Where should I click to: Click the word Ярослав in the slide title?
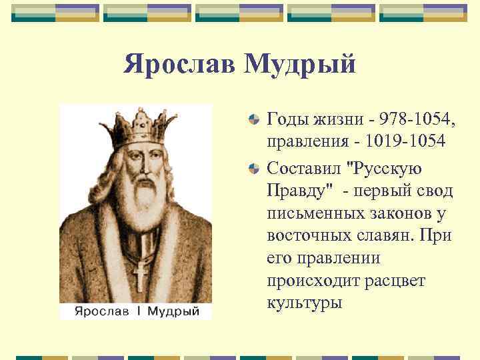[x=179, y=65]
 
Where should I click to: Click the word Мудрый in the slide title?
[x=299, y=65]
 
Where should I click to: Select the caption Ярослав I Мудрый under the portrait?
[x=136, y=311]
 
